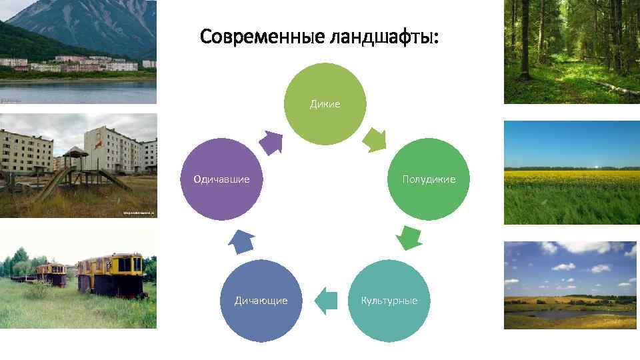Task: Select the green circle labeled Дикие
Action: [x=325, y=104]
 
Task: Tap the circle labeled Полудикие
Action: [x=429, y=179]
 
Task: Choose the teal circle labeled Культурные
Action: [x=389, y=301]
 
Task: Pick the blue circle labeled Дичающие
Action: [x=261, y=301]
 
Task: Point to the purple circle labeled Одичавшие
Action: [x=221, y=179]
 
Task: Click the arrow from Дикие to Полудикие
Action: [x=375, y=139]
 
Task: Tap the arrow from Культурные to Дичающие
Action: [x=325, y=300]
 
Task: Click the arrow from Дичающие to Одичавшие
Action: [x=241, y=241]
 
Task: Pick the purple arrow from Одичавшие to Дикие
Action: [x=271, y=142]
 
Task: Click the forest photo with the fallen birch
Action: [x=571, y=52]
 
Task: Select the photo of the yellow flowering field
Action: [x=571, y=173]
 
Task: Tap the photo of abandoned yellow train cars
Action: [x=78, y=279]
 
